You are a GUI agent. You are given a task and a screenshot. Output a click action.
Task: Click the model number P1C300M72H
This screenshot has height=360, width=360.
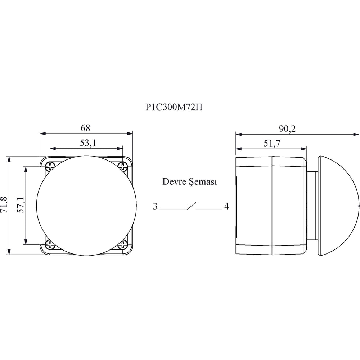point(174,107)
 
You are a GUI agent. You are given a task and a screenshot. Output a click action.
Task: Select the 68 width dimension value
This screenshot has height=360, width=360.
point(85,128)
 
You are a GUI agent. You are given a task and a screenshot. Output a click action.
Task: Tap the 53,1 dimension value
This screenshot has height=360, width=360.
point(88,143)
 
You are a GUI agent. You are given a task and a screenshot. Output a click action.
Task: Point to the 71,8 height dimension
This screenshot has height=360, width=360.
point(5,205)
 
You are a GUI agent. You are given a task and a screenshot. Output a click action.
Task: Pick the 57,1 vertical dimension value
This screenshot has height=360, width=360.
point(21,205)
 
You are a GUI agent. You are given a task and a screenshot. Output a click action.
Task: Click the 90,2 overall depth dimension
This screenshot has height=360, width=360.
point(287,129)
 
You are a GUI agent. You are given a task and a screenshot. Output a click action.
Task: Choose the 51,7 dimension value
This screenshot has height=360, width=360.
point(272,143)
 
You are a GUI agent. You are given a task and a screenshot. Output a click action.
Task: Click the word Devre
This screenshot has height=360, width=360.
point(174,181)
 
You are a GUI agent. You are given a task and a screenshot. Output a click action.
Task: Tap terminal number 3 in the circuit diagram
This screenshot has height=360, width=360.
point(155,206)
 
